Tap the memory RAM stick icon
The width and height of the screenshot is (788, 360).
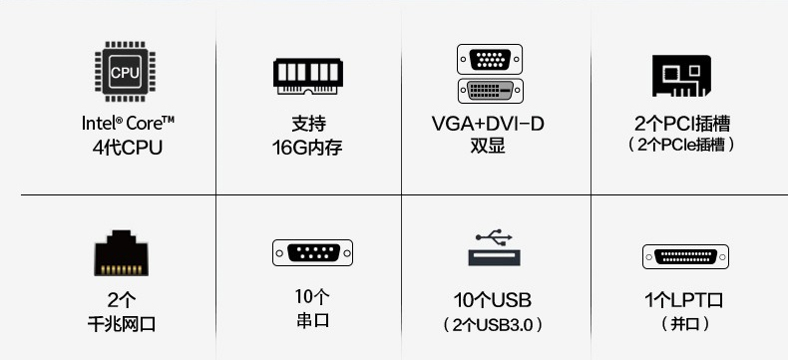click(309, 76)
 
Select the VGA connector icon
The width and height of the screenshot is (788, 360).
click(490, 58)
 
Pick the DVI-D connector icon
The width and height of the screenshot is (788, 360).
click(490, 90)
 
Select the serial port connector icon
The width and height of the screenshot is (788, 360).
click(311, 252)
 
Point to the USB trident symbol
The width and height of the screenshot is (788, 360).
click(493, 237)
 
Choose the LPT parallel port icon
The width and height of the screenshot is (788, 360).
click(684, 256)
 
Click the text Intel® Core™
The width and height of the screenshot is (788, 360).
click(129, 124)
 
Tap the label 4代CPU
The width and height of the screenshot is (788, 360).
click(126, 149)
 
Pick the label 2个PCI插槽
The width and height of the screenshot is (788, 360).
click(682, 125)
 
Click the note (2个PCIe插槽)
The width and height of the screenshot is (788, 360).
click(682, 146)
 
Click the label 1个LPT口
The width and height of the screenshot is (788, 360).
click(684, 299)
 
